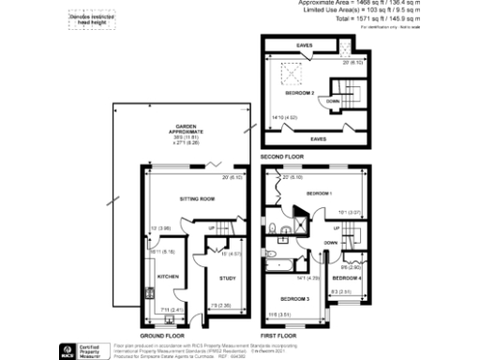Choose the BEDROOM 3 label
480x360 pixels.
[294, 296]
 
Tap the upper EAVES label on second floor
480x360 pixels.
[304, 44]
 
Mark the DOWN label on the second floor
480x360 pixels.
[334, 100]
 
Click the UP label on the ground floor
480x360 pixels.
[212, 229]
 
